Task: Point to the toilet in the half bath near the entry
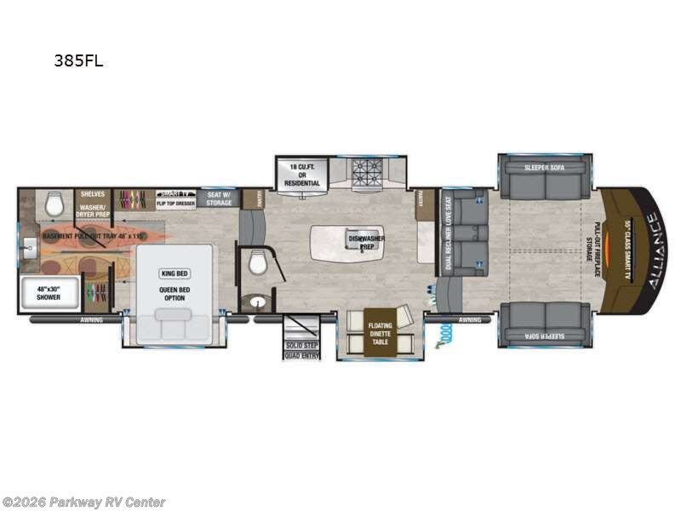point(256,267)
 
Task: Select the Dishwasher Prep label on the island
point(366,240)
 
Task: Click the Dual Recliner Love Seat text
point(448,233)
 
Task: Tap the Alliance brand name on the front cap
point(651,251)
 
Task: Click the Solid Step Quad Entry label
point(302,349)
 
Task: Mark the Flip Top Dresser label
point(176,204)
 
